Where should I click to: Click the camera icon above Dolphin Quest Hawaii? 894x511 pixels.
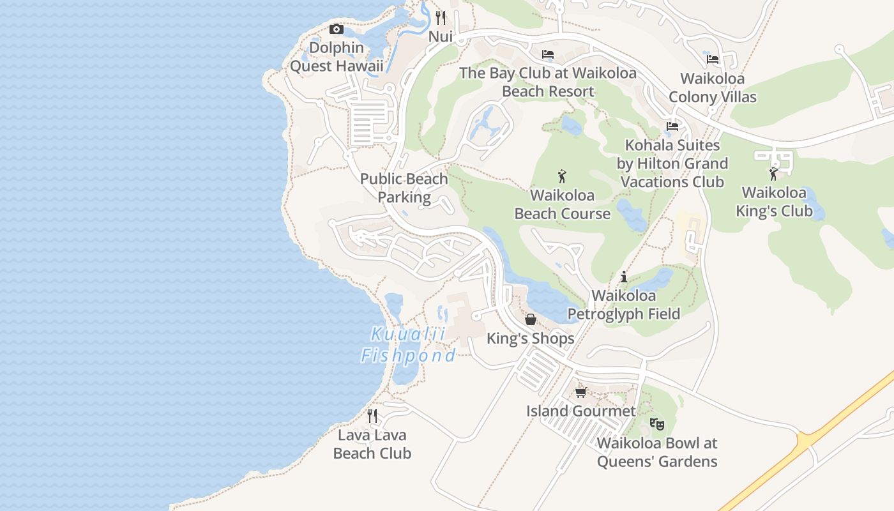pyautogui.click(x=337, y=29)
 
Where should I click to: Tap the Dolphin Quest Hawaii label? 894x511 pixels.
pyautogui.click(x=337, y=57)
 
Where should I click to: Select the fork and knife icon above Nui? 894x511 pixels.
pyautogui.click(x=440, y=17)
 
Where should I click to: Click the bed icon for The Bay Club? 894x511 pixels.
pyautogui.click(x=548, y=54)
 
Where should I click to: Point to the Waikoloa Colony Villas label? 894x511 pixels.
pyautogui.click(x=713, y=88)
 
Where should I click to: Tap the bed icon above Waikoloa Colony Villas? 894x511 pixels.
pyautogui.click(x=713, y=59)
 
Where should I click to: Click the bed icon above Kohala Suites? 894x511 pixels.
pyautogui.click(x=672, y=126)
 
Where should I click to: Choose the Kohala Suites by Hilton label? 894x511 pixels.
pyautogui.click(x=672, y=164)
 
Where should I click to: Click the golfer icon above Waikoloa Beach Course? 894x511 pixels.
pyautogui.click(x=562, y=176)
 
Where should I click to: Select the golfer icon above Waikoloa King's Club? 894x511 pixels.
pyautogui.click(x=774, y=173)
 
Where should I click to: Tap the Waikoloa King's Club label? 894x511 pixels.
pyautogui.click(x=774, y=202)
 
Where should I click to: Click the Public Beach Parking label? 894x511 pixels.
pyautogui.click(x=404, y=188)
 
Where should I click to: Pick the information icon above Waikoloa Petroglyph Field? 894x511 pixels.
pyautogui.click(x=624, y=277)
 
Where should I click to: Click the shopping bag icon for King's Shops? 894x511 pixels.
pyautogui.click(x=531, y=319)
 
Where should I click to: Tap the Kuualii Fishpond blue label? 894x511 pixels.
pyautogui.click(x=408, y=345)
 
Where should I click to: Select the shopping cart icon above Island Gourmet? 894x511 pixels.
pyautogui.click(x=580, y=392)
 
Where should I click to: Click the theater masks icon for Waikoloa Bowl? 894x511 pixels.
pyautogui.click(x=657, y=423)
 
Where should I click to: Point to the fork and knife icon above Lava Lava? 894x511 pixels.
pyautogui.click(x=372, y=416)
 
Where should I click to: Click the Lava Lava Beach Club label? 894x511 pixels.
pyautogui.click(x=372, y=445)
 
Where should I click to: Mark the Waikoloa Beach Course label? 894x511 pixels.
pyautogui.click(x=562, y=204)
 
